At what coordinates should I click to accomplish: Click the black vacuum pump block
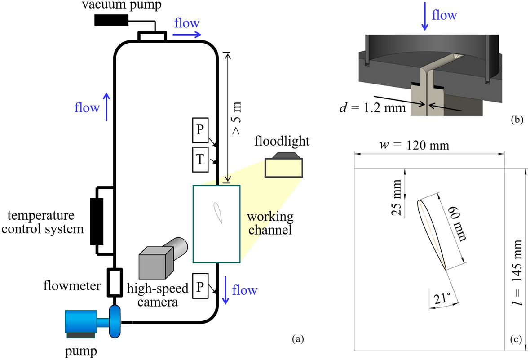tap(111, 20)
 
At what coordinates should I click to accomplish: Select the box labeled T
tap(200, 160)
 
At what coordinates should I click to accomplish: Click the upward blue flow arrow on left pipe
tap(106, 107)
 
